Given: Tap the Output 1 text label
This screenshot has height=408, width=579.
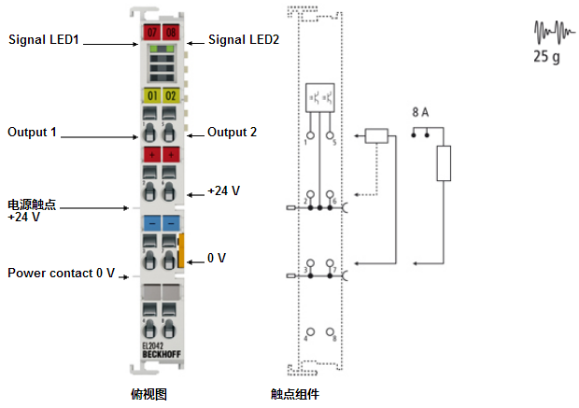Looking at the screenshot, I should (x=33, y=133).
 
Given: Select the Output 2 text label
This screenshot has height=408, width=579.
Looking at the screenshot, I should (x=232, y=133).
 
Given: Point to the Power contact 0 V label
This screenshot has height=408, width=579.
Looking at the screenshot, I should (x=62, y=274).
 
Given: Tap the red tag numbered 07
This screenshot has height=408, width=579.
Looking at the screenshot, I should (x=151, y=34).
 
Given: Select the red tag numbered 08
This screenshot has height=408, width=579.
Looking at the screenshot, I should (x=171, y=34).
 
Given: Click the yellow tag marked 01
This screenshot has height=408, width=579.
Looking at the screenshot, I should (x=151, y=95).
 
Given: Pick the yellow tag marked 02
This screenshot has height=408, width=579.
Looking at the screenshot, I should (x=171, y=95).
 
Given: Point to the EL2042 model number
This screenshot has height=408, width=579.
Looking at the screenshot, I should (x=153, y=345).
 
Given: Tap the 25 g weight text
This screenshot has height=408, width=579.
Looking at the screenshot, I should (x=546, y=56).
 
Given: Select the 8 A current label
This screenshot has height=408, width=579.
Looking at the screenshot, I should (x=420, y=112).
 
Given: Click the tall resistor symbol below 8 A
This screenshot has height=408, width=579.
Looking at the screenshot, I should (x=444, y=163).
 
